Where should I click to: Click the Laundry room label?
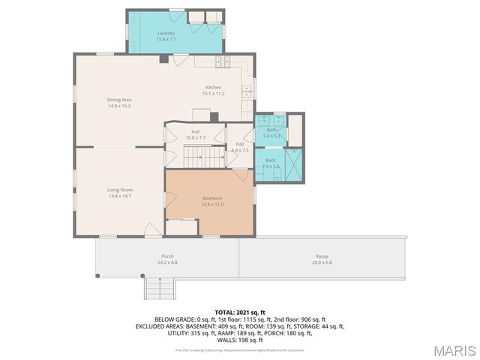point(166,37)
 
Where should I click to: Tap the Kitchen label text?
point(214,91)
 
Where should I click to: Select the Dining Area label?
point(119,103)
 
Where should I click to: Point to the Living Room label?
point(119,193)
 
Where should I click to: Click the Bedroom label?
point(212,201)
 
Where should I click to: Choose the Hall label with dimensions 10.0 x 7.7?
point(195,135)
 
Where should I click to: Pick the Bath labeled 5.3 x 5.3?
point(271,133)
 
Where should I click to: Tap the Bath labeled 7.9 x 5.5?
point(271,163)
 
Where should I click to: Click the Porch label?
point(167,259)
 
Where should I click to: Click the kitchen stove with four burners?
point(223,62)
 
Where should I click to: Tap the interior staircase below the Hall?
point(205,157)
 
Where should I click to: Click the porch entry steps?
point(158,288)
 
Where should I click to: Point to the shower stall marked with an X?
point(295,164)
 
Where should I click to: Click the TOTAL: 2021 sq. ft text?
point(240,311)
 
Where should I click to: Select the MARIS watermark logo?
point(452,349)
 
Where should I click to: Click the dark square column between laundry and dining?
point(163,58)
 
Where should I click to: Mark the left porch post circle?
point(97,276)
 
